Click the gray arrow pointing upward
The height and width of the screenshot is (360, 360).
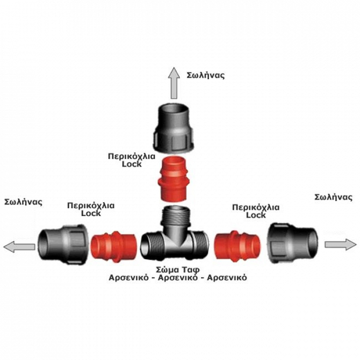tap(174, 83)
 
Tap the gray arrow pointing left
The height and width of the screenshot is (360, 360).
tap(19, 247)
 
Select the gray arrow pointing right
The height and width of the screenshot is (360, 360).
tap(341, 244)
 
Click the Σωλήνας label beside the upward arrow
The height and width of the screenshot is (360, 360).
tap(205, 75)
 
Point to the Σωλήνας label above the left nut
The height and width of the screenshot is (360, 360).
tap(24, 202)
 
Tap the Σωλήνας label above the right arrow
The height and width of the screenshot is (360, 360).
tap(334, 197)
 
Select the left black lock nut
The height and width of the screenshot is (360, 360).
tap(63, 244)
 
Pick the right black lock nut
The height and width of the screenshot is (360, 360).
tap(294, 243)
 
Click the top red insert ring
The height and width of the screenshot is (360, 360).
tap(173, 178)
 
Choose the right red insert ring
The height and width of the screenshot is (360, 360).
tap(238, 246)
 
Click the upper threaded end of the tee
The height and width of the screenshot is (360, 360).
tap(175, 216)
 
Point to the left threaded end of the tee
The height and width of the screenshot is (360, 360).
tap(152, 246)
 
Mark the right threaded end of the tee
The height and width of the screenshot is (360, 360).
tap(200, 245)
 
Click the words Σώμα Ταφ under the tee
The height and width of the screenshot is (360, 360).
tap(178, 269)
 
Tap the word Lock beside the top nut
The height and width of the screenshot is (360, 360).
tap(132, 164)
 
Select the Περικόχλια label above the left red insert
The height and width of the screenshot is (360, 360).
tap(91, 205)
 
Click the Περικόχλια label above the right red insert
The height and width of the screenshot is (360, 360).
tap(256, 207)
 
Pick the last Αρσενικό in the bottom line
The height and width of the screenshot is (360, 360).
tap(227, 277)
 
